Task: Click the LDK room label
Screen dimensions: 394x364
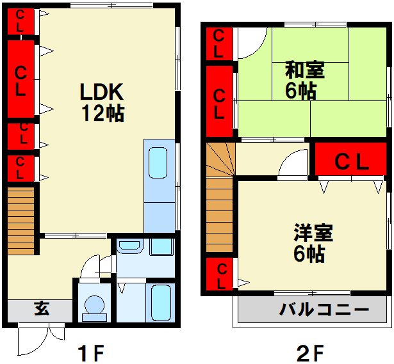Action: pyautogui.click(x=102, y=92)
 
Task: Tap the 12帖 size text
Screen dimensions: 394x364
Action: pyautogui.click(x=103, y=113)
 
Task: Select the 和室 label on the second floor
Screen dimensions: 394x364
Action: pyautogui.click(x=304, y=70)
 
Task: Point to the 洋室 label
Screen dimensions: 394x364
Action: pyautogui.click(x=313, y=233)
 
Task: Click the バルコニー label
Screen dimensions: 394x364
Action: pyautogui.click(x=324, y=309)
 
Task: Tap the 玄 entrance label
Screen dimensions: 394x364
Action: pyautogui.click(x=42, y=308)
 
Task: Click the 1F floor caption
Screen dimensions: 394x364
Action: pyautogui.click(x=90, y=352)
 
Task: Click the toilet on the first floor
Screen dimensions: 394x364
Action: pyautogui.click(x=94, y=308)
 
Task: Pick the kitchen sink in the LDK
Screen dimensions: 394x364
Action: pyautogui.click(x=158, y=162)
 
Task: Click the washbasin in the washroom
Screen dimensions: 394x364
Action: pyautogui.click(x=129, y=246)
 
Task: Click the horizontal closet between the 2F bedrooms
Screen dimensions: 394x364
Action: pyautogui.click(x=350, y=159)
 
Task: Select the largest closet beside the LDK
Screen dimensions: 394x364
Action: pyautogui.click(x=21, y=79)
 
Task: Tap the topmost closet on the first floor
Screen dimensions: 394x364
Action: pyautogui.click(x=21, y=22)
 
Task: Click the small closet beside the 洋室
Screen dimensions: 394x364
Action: pyautogui.click(x=219, y=274)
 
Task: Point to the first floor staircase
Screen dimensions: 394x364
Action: pyautogui.click(x=21, y=221)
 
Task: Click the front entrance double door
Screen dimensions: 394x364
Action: pyautogui.click(x=42, y=338)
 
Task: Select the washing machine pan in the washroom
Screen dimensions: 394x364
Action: pyautogui.click(x=161, y=247)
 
